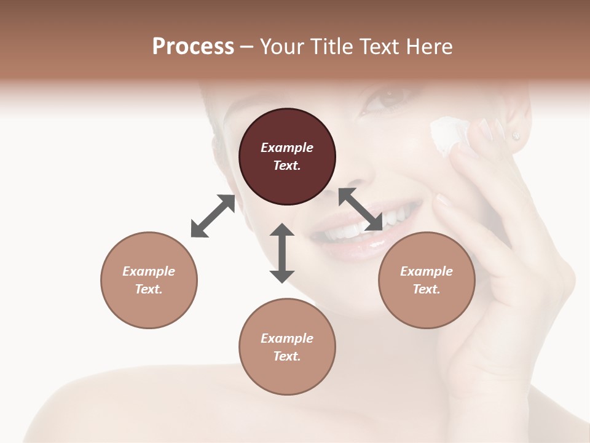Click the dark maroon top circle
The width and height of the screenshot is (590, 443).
[287, 156]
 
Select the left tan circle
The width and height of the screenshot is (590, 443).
[149, 280]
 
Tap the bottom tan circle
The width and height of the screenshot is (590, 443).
[287, 347]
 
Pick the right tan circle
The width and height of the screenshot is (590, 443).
[427, 280]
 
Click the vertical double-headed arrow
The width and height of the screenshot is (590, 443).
[282, 253]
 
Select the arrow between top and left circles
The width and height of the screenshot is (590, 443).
[213, 216]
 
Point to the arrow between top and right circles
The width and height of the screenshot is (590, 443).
[360, 210]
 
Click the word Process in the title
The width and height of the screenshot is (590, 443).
[193, 46]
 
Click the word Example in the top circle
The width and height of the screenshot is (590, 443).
[287, 148]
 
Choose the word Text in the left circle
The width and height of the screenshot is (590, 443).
[149, 289]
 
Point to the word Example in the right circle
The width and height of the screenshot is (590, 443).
[427, 271]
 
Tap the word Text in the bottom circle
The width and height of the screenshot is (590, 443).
[287, 356]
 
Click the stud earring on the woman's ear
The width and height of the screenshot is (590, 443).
[516, 135]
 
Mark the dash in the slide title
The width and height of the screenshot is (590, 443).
[246, 47]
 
